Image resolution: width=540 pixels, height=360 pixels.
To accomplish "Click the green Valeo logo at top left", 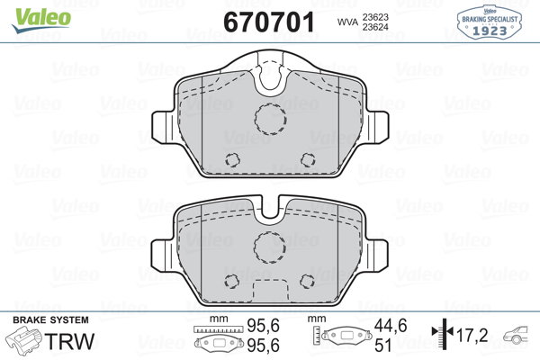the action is click(41, 20).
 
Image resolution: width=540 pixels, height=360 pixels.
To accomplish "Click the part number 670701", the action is click(269, 22).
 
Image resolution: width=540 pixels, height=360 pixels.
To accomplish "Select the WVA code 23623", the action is click(375, 17).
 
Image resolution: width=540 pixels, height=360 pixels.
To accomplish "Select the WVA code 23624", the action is click(375, 27).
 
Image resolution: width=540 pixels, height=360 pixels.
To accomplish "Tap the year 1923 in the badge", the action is click(490, 31).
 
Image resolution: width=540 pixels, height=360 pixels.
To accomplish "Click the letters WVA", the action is click(347, 22).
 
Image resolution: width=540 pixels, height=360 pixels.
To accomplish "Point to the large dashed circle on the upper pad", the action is click(271, 119).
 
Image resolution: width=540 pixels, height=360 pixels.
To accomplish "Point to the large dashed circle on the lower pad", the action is click(270, 247).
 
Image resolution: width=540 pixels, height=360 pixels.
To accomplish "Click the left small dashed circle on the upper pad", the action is click(232, 159).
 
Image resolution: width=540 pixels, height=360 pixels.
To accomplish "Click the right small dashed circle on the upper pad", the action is click(308, 159).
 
